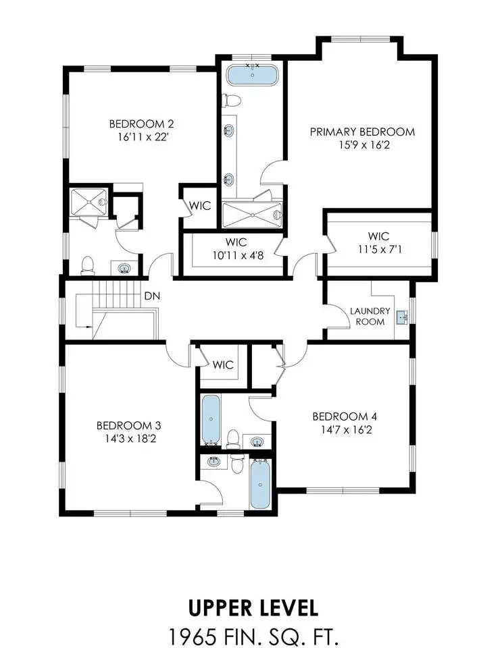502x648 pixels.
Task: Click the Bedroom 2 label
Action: click(141, 124)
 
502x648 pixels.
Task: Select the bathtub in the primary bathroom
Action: click(252, 75)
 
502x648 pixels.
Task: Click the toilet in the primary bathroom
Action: click(232, 101)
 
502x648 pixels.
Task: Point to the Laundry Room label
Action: click(370, 316)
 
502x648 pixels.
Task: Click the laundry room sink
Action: click(402, 318)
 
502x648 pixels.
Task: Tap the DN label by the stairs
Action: click(152, 296)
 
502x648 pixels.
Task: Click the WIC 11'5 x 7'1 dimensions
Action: click(379, 250)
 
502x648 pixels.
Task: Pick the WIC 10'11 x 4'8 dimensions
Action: click(238, 255)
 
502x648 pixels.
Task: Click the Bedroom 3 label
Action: click(128, 425)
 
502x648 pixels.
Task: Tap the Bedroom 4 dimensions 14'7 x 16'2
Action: click(347, 430)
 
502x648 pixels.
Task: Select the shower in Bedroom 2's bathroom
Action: click(89, 202)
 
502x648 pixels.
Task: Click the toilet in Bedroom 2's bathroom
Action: click(88, 266)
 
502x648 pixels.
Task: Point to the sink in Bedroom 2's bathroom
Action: click(124, 268)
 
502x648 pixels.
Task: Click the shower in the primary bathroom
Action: click(252, 215)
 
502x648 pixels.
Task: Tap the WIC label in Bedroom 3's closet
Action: click(223, 365)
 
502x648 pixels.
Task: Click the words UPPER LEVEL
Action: click(253, 608)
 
